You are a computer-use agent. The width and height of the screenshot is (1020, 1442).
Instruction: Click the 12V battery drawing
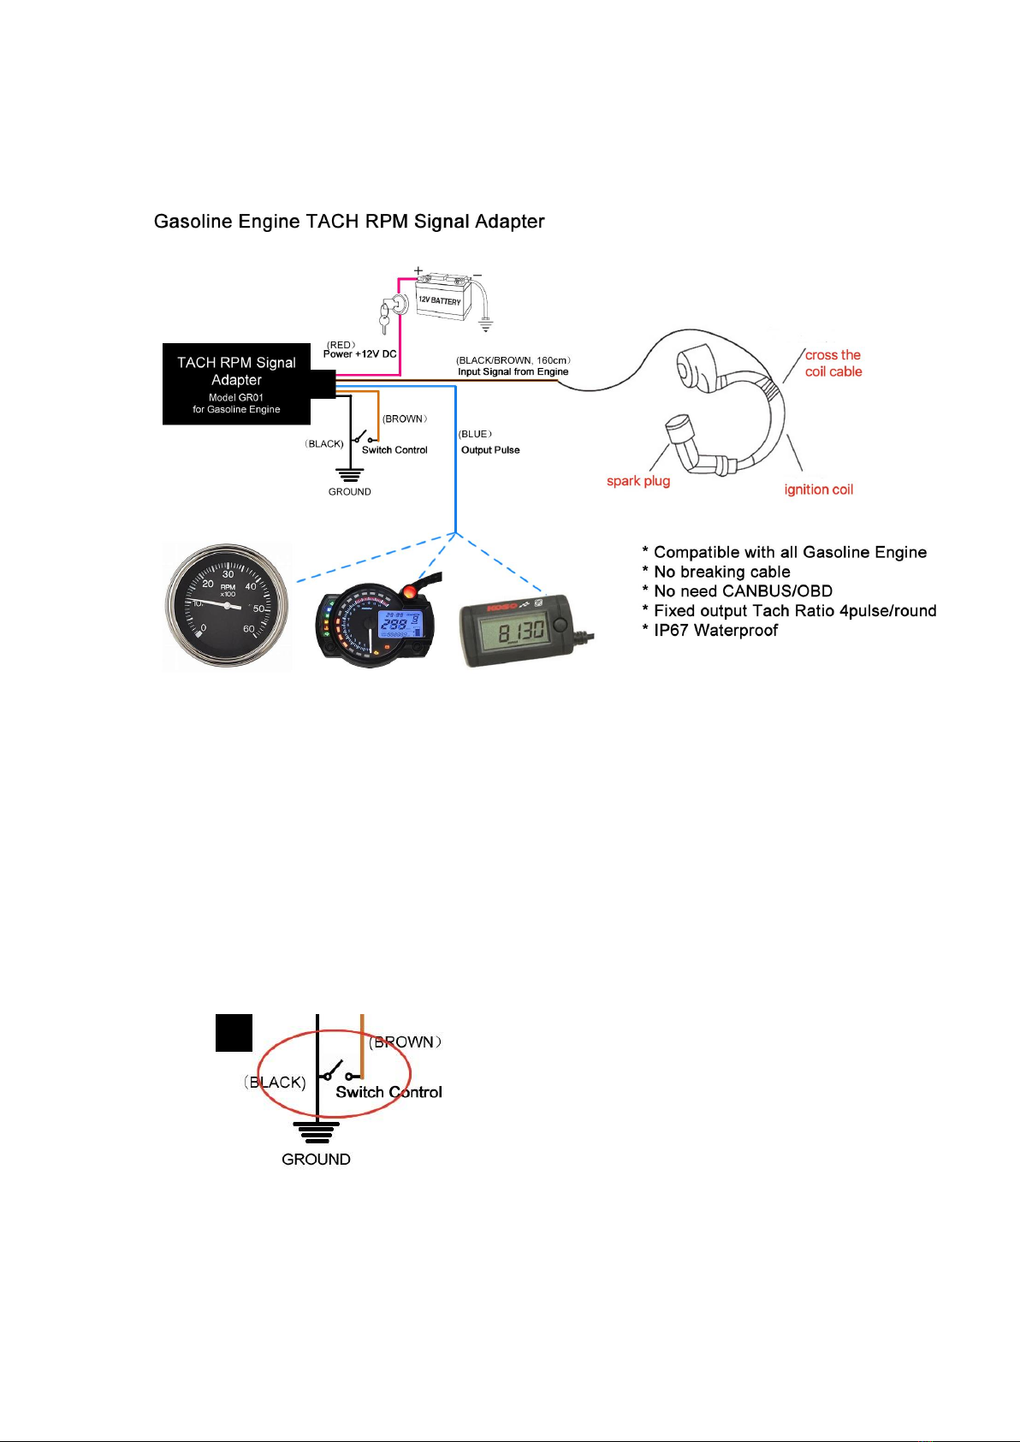click(x=442, y=298)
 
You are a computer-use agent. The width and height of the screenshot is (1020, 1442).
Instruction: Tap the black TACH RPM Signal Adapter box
click(x=236, y=384)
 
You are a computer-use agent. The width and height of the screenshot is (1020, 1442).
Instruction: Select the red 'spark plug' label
click(x=638, y=481)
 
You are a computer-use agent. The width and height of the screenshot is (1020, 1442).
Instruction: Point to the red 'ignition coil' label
click(x=819, y=490)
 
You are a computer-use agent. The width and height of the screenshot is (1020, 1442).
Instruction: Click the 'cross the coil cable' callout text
click(x=833, y=363)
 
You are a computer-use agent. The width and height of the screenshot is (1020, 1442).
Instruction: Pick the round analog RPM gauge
click(x=228, y=606)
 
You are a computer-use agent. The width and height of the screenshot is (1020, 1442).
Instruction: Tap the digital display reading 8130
click(x=520, y=632)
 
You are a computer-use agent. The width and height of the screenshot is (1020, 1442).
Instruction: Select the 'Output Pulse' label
click(x=490, y=450)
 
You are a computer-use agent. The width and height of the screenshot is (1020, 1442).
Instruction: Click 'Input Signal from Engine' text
click(x=513, y=371)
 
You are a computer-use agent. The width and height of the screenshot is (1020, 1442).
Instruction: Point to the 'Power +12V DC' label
click(x=359, y=353)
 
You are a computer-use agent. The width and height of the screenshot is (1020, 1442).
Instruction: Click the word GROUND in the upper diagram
click(x=349, y=492)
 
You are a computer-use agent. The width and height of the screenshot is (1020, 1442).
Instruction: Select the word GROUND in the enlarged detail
click(x=316, y=1160)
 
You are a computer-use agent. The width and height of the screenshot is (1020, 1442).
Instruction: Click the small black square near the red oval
click(x=234, y=1032)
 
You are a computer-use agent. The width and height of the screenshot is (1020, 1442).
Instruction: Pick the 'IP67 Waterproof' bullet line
click(x=715, y=631)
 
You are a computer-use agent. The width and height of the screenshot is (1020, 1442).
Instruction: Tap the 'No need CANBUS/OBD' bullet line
click(x=743, y=591)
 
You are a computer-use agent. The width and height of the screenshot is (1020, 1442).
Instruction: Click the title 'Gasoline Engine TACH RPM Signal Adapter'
click(x=349, y=222)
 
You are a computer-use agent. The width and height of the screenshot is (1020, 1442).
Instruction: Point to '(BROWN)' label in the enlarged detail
click(x=405, y=1042)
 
